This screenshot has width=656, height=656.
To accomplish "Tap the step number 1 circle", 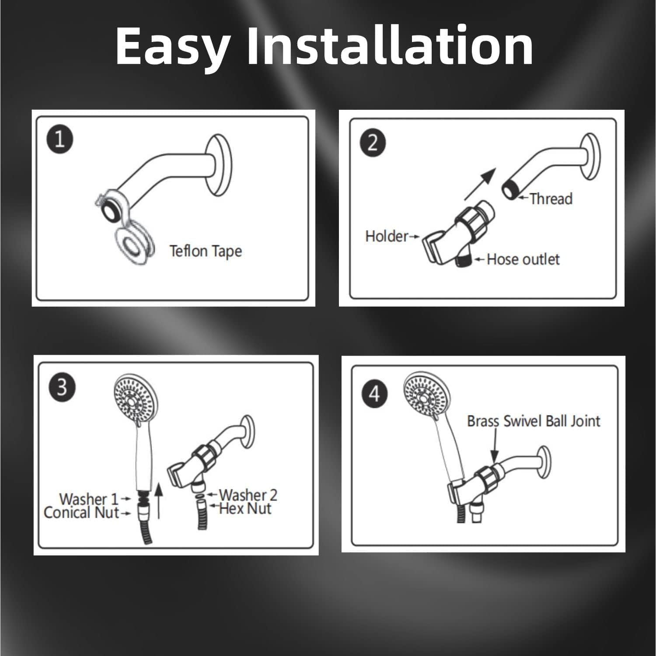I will (x=59, y=140).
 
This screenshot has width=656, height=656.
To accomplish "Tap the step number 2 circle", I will (x=373, y=143).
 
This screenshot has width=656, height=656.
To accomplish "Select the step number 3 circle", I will (x=62, y=387).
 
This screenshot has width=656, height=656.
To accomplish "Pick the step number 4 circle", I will (x=374, y=394).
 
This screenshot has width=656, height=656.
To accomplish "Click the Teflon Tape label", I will (x=206, y=251).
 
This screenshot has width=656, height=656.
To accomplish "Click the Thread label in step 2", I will (x=551, y=199).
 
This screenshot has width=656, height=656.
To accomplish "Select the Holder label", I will (x=387, y=237).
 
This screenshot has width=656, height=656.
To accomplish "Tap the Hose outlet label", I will (x=523, y=259).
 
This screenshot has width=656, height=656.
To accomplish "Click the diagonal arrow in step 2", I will (x=480, y=184).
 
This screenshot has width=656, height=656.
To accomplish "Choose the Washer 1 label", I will (x=89, y=499).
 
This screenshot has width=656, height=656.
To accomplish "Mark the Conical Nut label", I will (x=81, y=513).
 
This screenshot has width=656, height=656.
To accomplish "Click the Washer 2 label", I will (x=248, y=495).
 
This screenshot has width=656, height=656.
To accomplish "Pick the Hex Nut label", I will (x=245, y=509).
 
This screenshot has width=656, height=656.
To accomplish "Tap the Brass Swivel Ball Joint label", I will (x=534, y=421).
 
